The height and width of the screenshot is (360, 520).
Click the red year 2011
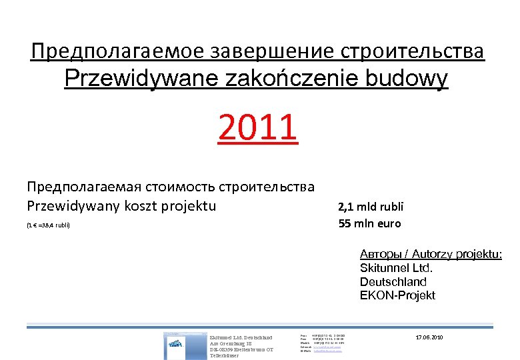(258, 129)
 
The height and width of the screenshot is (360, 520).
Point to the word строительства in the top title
(413, 51)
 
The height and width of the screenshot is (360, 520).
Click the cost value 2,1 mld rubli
(371, 207)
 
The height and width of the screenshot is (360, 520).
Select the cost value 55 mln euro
(369, 224)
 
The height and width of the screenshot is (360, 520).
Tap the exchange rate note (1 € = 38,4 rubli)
(48, 225)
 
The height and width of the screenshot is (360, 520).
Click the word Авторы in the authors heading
(381, 254)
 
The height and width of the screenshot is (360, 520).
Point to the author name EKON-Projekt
(397, 295)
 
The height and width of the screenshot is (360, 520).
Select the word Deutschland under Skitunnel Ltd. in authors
(393, 281)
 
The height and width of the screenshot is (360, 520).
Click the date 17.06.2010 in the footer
(429, 337)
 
